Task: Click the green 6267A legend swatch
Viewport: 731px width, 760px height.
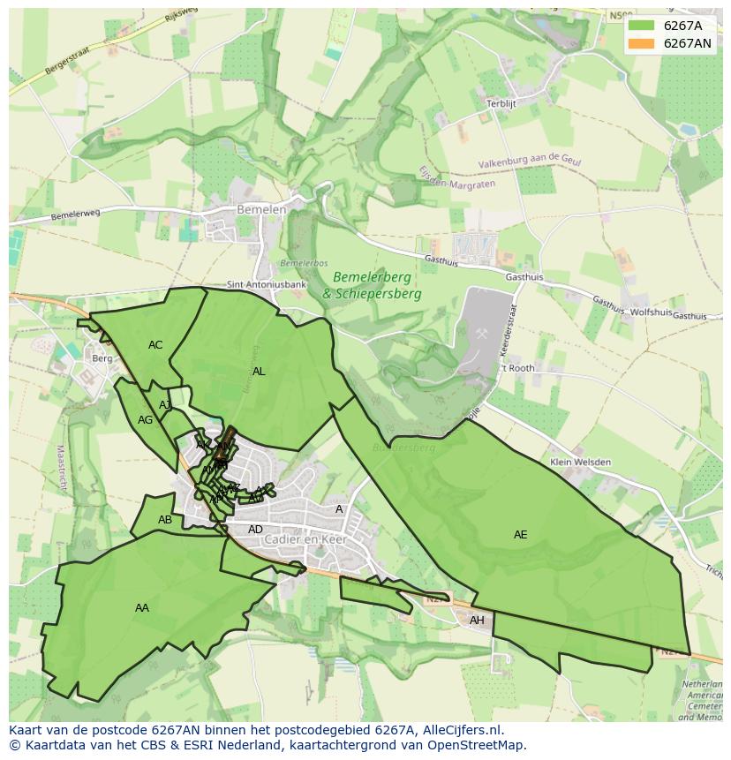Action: [641, 26]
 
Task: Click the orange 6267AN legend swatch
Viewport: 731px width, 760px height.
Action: [641, 43]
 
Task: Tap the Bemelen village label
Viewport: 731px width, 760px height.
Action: [261, 210]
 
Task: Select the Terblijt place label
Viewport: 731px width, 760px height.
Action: [501, 103]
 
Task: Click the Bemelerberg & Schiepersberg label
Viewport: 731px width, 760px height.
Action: [372, 286]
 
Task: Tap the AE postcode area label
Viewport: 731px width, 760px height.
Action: [520, 535]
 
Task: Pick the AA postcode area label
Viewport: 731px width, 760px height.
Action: [142, 607]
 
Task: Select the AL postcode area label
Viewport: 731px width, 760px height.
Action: [259, 372]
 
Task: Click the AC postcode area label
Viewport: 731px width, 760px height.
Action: [155, 345]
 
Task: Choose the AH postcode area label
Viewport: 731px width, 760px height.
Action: [477, 621]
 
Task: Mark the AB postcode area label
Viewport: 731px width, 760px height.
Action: [165, 520]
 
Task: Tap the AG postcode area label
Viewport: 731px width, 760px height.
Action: [146, 420]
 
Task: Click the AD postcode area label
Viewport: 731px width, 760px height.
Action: [255, 530]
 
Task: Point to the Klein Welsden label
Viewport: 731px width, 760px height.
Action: [579, 462]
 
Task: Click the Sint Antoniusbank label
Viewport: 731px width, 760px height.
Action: [267, 285]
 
